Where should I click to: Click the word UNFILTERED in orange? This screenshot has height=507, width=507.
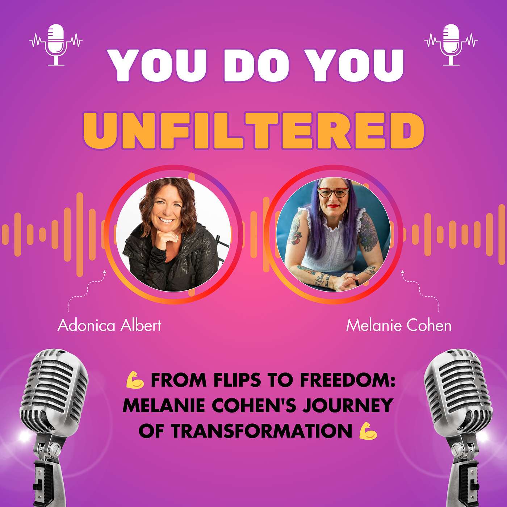253,131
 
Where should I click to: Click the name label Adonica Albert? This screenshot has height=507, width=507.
109,325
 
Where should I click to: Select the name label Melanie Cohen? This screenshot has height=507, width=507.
399,326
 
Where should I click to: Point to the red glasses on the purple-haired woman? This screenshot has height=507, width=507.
333,192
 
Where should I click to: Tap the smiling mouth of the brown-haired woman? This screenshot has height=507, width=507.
166,220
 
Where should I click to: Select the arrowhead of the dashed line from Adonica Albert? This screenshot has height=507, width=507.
105,271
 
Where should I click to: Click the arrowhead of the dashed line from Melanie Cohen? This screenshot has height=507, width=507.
402,271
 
